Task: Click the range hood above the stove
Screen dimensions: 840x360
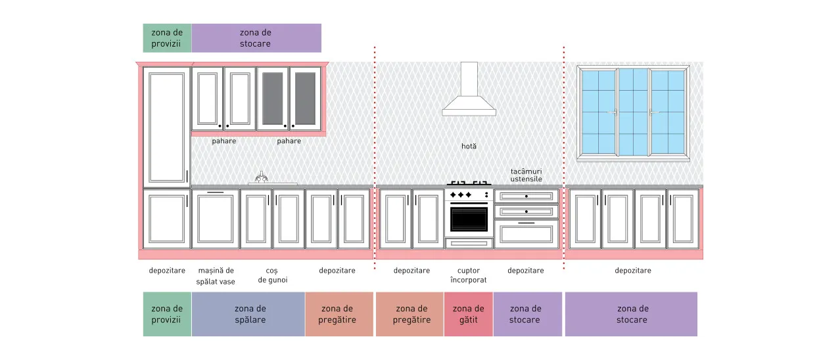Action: point(469,90)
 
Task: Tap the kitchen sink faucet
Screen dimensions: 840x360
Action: point(262,177)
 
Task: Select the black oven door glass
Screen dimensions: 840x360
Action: point(469,219)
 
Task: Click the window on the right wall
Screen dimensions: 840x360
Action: point(633,113)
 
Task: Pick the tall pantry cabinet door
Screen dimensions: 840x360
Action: point(166,127)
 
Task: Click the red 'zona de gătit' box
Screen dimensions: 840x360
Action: point(469,314)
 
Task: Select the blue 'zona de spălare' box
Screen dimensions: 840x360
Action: point(248,314)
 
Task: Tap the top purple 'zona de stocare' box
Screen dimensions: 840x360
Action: point(256,38)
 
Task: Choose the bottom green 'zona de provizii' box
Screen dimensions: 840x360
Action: point(167,314)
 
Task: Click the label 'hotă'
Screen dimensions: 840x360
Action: point(469,146)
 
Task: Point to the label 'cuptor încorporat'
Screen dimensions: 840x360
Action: point(469,275)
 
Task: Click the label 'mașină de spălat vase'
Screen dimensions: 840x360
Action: point(216,276)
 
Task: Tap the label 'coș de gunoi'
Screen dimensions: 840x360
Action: point(273,275)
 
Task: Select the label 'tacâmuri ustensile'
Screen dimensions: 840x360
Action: point(526,175)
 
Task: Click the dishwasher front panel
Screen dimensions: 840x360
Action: point(215,219)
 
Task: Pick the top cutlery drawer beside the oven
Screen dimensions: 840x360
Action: point(526,196)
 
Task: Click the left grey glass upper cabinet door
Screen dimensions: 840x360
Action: point(273,99)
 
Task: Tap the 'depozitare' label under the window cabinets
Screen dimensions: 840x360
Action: point(633,271)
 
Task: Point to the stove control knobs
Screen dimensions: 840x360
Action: point(461,195)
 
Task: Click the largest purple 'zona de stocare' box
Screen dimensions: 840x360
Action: point(632,314)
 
